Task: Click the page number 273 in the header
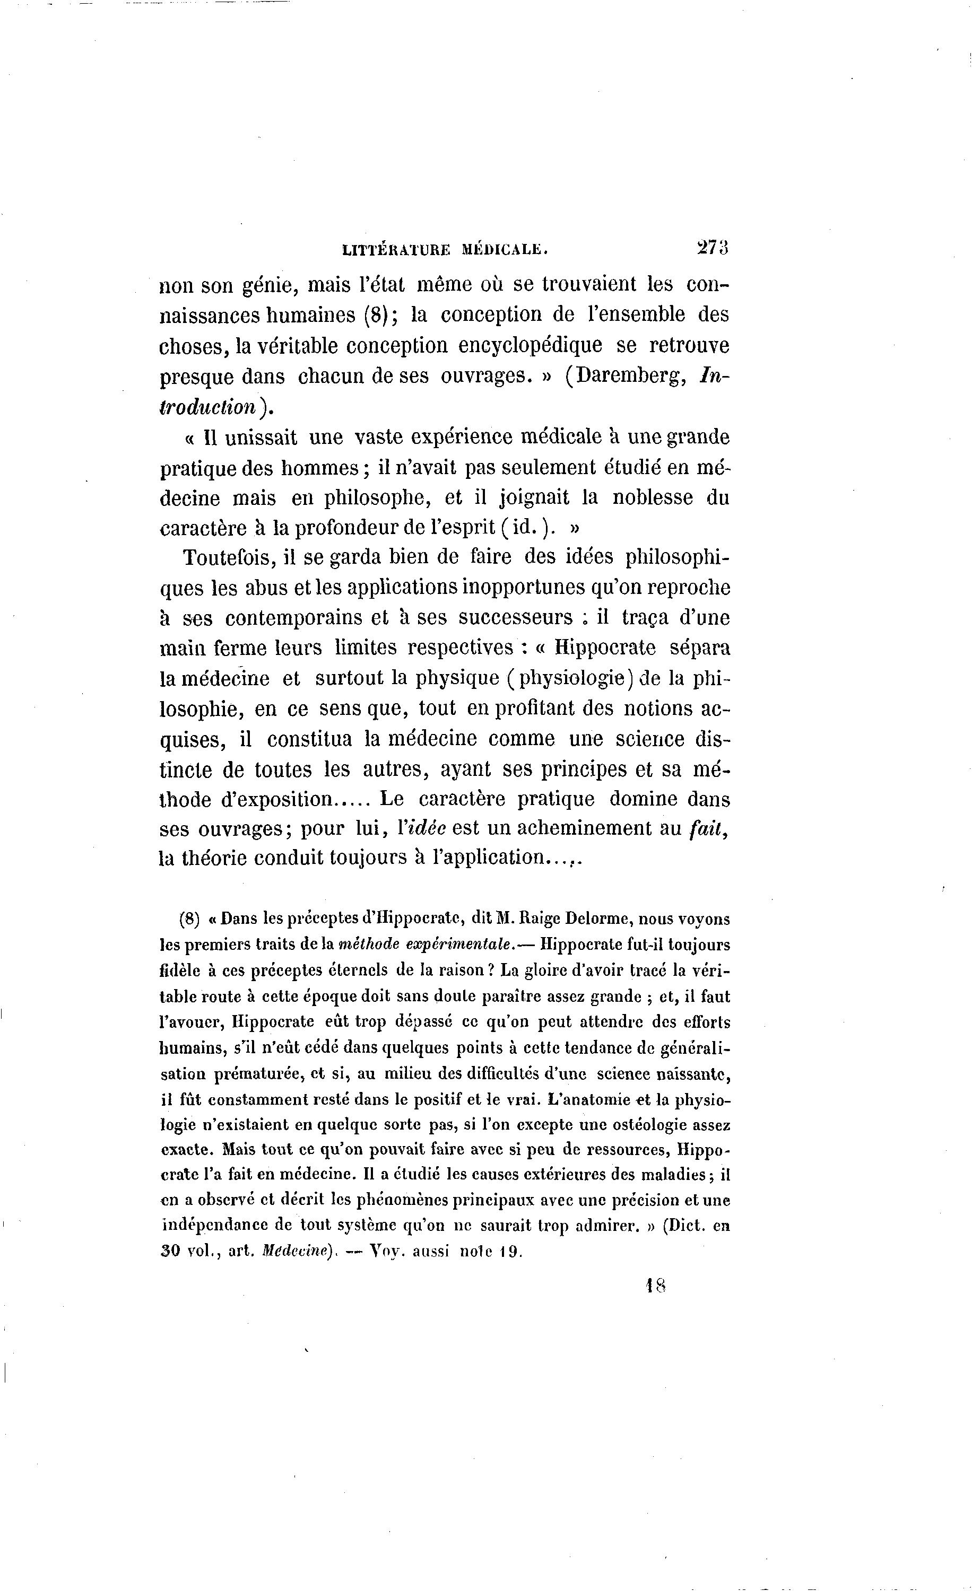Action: coord(713,248)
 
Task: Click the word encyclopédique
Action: coord(530,345)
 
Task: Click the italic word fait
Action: coord(709,829)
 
